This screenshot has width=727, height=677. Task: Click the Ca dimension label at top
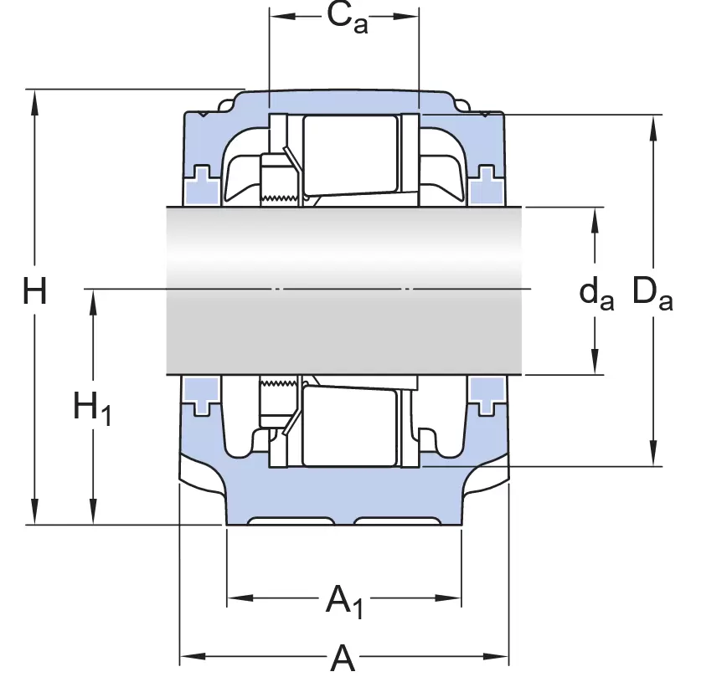point(346,18)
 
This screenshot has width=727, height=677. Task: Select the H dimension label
point(34,293)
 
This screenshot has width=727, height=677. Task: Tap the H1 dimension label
point(91,408)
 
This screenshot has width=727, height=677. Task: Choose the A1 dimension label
point(345,601)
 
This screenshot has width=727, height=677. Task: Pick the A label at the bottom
point(343,659)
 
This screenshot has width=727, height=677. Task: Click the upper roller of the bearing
point(350,156)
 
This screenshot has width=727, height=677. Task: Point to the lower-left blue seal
point(202,395)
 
